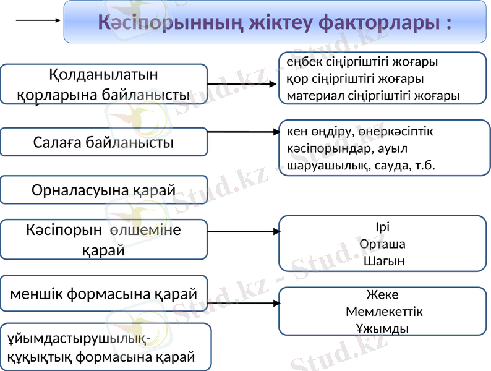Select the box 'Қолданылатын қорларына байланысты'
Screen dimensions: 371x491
(103, 85)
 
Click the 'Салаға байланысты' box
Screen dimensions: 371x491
(103, 142)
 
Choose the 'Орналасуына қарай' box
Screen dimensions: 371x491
(103, 190)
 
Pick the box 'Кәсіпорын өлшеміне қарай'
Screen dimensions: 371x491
(103, 239)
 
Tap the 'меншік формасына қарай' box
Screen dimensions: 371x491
(103, 293)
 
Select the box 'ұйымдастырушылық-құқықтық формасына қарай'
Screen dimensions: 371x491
(105, 347)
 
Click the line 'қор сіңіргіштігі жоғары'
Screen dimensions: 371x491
(355, 79)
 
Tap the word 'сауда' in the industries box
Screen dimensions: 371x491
(392, 166)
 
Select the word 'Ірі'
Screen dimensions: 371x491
(383, 226)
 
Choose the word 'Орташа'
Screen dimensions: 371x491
(383, 244)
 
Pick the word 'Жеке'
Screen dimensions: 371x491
(383, 294)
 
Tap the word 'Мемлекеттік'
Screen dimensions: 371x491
(384, 311)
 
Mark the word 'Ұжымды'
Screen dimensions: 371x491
(383, 328)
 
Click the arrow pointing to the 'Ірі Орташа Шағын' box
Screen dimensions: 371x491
(244, 232)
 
